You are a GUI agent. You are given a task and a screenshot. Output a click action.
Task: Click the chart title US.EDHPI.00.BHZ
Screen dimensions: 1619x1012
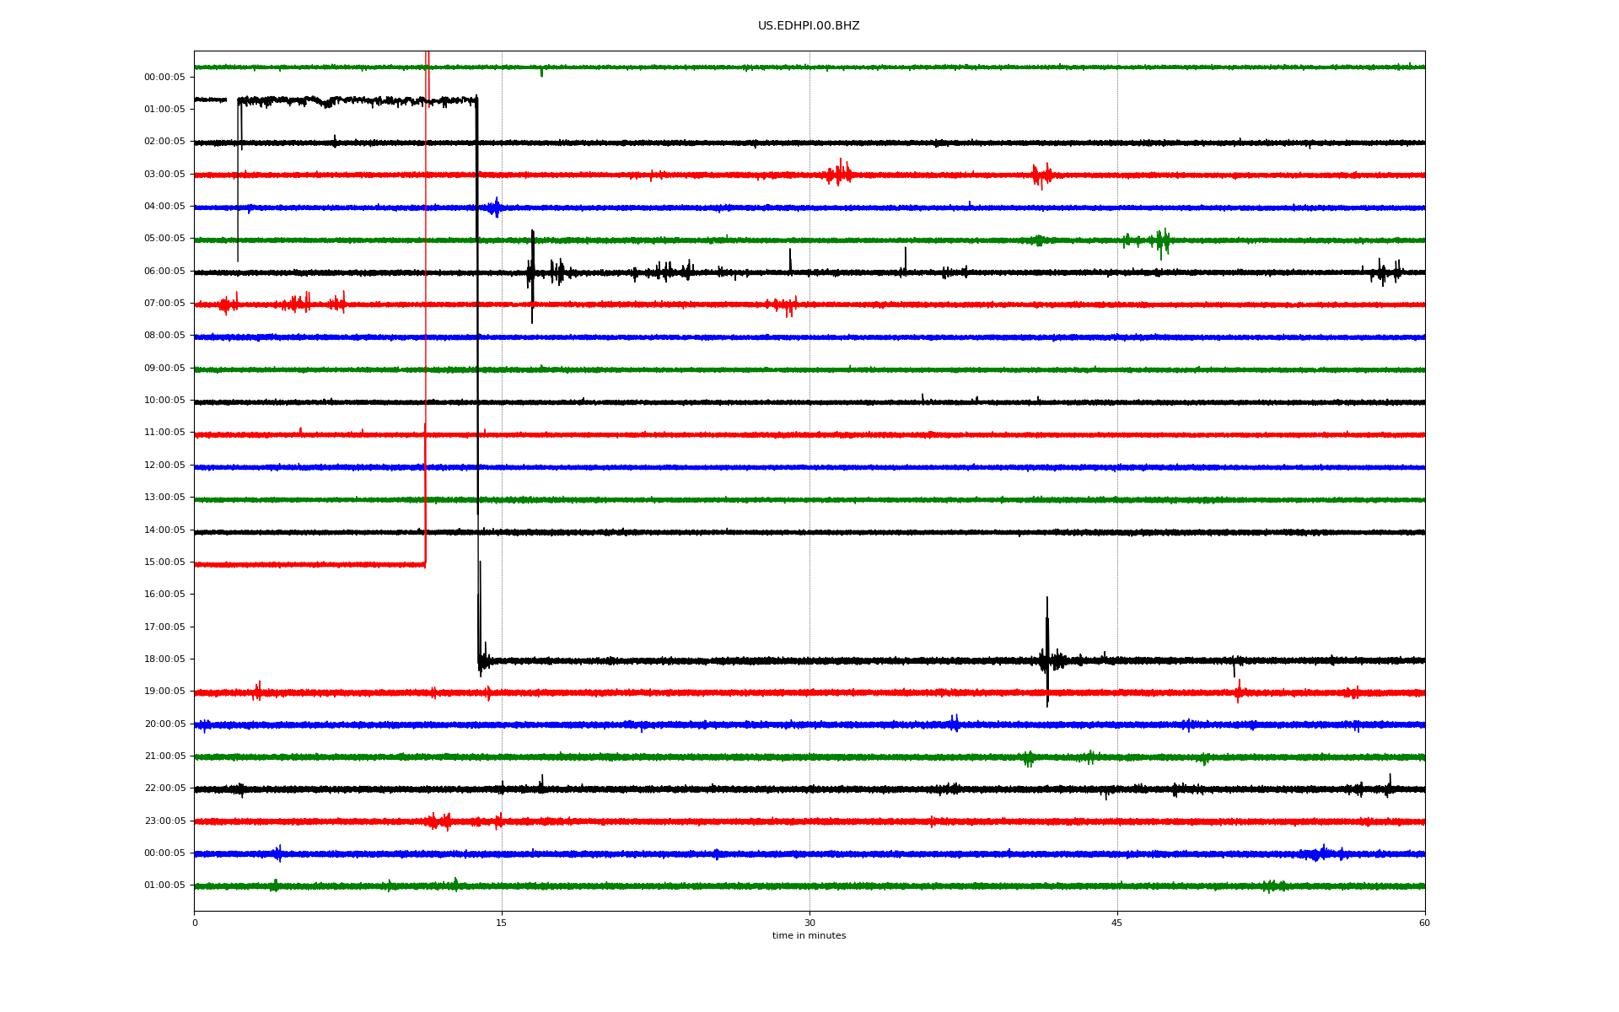point(809,26)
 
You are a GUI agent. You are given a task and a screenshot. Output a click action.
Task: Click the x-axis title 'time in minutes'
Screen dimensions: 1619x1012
point(809,936)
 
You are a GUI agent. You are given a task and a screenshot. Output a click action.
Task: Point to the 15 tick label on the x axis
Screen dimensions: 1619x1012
point(502,923)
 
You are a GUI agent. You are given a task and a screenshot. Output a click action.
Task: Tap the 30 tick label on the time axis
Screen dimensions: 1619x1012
point(809,923)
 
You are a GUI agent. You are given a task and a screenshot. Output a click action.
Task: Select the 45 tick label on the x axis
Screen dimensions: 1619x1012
point(1117,923)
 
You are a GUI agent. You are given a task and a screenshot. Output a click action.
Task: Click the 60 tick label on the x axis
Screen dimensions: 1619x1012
point(1424,923)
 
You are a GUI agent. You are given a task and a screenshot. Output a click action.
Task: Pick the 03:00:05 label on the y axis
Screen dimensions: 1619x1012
point(164,175)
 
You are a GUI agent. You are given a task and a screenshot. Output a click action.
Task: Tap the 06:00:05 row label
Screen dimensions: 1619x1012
point(164,272)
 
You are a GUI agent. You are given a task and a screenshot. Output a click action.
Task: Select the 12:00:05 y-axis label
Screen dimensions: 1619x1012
point(164,466)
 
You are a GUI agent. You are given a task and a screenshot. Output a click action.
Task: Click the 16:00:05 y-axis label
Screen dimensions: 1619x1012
point(164,595)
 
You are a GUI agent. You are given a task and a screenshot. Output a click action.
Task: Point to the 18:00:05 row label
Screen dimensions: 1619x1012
point(164,659)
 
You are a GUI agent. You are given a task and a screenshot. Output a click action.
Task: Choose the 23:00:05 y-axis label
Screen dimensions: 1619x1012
point(164,821)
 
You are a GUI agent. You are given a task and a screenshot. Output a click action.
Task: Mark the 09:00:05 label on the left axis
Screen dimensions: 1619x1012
point(164,369)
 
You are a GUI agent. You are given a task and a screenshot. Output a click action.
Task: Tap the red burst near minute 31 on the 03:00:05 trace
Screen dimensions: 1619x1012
point(839,174)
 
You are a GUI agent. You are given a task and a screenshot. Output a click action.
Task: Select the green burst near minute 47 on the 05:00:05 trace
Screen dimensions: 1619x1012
point(1162,242)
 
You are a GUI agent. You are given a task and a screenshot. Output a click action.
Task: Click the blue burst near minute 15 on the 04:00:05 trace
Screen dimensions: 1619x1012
point(496,207)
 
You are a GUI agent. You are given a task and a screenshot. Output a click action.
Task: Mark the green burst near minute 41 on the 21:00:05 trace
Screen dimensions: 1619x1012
point(1029,758)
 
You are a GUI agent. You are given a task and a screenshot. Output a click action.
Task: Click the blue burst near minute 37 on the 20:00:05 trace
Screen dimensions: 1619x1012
point(955,724)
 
